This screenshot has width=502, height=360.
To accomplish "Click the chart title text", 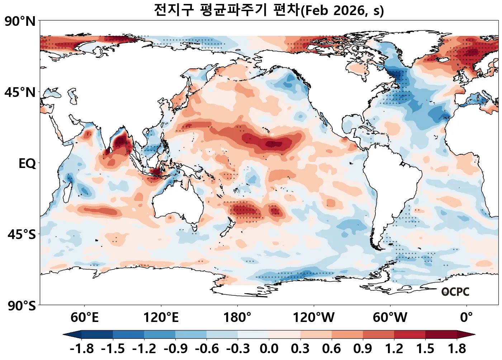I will coord(269,10).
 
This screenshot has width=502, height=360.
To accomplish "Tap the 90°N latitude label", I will coord(20,22).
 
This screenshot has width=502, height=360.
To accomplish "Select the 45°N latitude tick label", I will coord(20,93).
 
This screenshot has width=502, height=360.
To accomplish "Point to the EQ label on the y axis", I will coord(27,164).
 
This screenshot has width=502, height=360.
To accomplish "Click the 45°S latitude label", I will coord(22,235).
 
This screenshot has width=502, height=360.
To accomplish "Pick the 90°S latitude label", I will coord(22,306).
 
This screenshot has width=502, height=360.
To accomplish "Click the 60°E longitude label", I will coord(84,318).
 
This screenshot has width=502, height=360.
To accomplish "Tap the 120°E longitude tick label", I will coord(161,318).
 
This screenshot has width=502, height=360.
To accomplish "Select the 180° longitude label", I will coord(237,318).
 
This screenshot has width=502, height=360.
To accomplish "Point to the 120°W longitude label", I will coord(314,318).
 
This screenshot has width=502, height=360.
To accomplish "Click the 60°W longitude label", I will coord(390,318).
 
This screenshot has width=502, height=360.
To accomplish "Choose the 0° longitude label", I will coord(467,318).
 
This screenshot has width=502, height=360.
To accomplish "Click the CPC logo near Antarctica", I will coord(455,292).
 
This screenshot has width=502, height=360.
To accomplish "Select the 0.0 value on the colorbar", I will coord(269,349).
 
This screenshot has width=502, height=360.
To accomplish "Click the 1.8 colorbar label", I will coord(457,349).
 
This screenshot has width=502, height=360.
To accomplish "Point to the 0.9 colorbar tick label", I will coord(363,349).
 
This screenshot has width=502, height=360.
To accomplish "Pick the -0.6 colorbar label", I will coord(207,349).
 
